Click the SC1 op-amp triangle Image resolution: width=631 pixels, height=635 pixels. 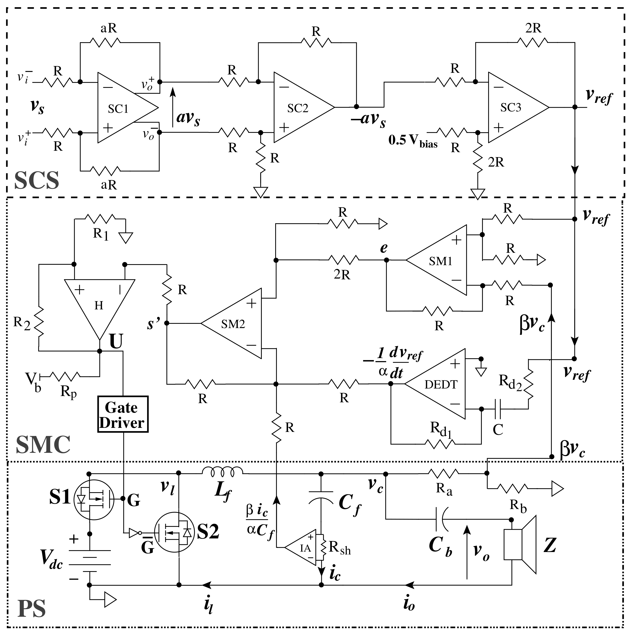coord(122,108)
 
